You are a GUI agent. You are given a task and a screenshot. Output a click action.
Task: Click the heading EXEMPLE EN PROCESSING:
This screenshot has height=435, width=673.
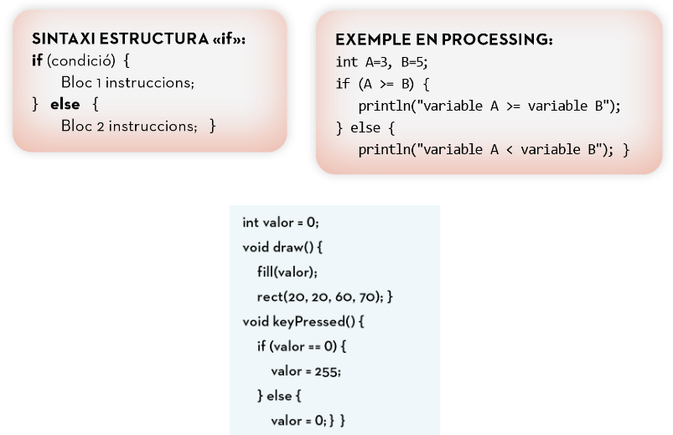pyautogui.click(x=443, y=40)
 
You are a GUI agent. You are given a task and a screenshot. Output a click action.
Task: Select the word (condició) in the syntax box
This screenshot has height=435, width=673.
pyautogui.click(x=80, y=62)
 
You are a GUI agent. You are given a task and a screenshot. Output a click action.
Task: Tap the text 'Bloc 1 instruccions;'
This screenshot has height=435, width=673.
pyautogui.click(x=127, y=83)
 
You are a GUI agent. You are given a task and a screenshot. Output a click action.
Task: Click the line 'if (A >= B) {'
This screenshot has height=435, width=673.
pyautogui.click(x=382, y=84)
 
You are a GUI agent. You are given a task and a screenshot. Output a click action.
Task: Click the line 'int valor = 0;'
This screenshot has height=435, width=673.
pyautogui.click(x=281, y=222)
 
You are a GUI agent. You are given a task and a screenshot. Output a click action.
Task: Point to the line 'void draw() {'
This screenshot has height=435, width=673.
pyautogui.click(x=282, y=247)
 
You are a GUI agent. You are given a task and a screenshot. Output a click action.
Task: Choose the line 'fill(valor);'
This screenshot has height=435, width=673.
pyautogui.click(x=287, y=272)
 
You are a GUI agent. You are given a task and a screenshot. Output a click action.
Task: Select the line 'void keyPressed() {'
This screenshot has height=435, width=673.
pyautogui.click(x=303, y=321)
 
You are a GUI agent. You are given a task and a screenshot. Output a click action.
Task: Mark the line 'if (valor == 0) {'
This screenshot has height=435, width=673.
pyautogui.click(x=301, y=346)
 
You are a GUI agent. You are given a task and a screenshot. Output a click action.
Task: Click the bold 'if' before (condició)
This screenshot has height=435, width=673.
pyautogui.click(x=37, y=62)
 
